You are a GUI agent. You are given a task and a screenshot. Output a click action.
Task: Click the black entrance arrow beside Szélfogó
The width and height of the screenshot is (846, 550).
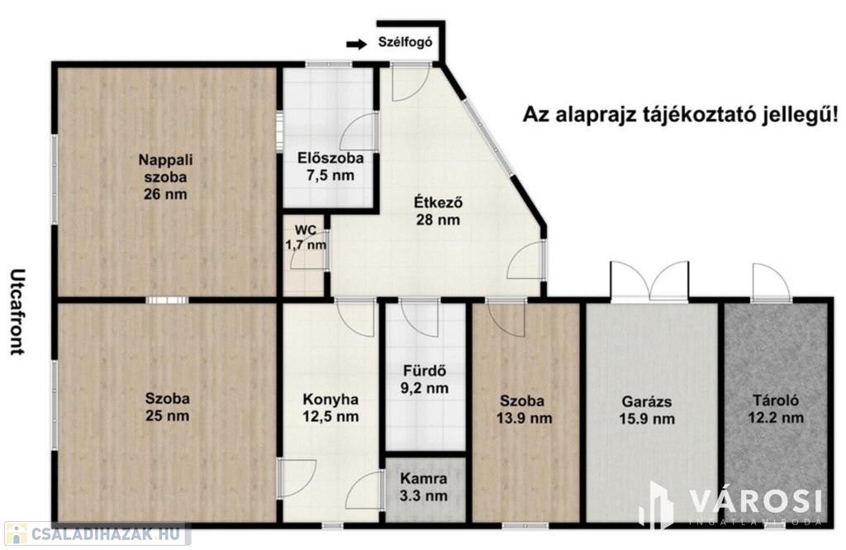pos(356,45)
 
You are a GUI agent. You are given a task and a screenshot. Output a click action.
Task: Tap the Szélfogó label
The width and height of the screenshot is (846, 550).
pos(405,42)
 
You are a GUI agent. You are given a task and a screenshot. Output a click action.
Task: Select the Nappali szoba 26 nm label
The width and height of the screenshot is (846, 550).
pos(165,177)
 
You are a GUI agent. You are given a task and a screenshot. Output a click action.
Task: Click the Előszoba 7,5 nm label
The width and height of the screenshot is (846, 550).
pos(330,167)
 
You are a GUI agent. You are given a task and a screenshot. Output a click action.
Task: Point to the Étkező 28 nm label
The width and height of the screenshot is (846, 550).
pos(438,211)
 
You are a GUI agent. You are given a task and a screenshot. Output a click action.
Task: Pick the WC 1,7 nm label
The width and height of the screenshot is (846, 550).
pos(306,237)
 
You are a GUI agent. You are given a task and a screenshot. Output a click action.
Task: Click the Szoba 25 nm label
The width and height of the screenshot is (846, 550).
pos(167,407)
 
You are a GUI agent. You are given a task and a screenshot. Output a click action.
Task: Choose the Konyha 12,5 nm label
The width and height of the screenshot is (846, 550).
pos(330,408)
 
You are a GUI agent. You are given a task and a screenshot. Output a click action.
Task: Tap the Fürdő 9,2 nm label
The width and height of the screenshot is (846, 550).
pos(425,379)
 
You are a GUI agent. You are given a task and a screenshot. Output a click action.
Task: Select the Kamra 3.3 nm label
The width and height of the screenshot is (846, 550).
pos(424,487)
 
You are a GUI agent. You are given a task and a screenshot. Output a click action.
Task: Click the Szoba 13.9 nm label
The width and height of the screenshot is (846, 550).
pos(524,410)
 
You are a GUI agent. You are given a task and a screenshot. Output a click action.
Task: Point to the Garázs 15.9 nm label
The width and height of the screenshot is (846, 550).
pos(647,410)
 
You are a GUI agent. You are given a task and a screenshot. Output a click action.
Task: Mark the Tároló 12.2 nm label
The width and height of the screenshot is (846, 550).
pos(776,409)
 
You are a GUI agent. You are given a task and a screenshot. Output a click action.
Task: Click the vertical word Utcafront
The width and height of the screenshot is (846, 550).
pos(18,311)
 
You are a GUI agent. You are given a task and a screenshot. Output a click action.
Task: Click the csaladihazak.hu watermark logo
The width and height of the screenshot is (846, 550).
pos(97,533)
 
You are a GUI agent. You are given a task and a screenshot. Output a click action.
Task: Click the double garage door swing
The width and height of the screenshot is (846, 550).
pos(649,280)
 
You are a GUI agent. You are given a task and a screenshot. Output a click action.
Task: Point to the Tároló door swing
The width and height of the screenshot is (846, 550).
pos(772,282)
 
